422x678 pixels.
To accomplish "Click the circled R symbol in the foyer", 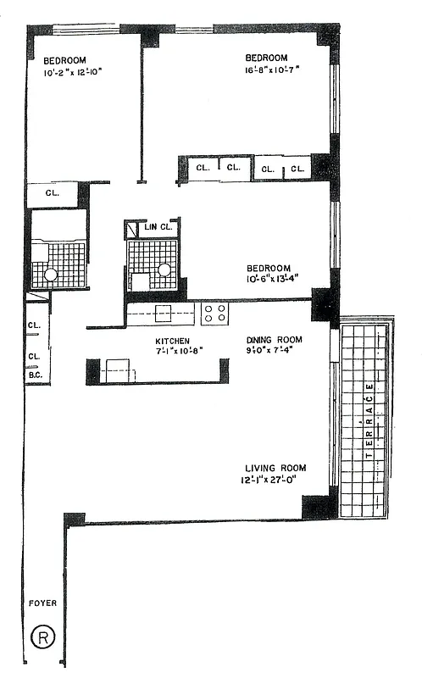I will (x=40, y=636).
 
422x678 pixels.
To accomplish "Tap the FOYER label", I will (x=42, y=603).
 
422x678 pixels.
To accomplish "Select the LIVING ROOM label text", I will (x=275, y=468).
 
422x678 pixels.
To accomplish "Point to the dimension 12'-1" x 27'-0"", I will (x=273, y=481).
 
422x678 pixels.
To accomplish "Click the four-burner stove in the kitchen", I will (x=214, y=314).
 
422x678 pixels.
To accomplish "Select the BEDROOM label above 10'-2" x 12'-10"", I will (x=65, y=60).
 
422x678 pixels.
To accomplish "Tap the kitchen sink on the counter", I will (x=164, y=314).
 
